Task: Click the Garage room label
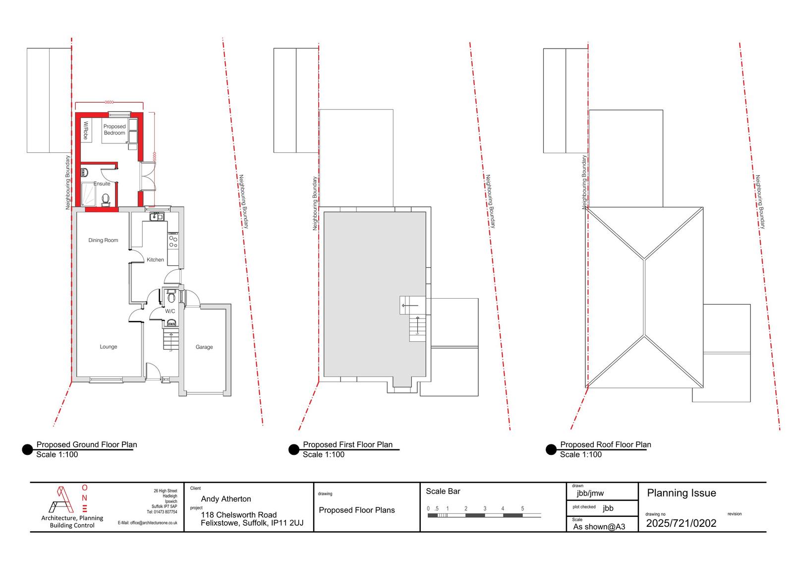coord(204,347)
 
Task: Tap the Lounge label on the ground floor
coord(108,347)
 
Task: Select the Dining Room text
coord(103,240)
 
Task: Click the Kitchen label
coord(155,260)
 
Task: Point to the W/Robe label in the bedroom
coord(85,130)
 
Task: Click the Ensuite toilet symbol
coord(105,199)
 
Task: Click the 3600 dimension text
coord(109,102)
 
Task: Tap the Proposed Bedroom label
coord(114,129)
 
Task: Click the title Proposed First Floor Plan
coord(347,445)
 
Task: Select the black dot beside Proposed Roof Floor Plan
coord(551,450)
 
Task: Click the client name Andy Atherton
coord(226,499)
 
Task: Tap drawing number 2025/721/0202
coord(681,523)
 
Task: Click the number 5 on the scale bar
coord(522,508)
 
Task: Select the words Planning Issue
coord(681,493)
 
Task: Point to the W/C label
coord(170,311)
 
